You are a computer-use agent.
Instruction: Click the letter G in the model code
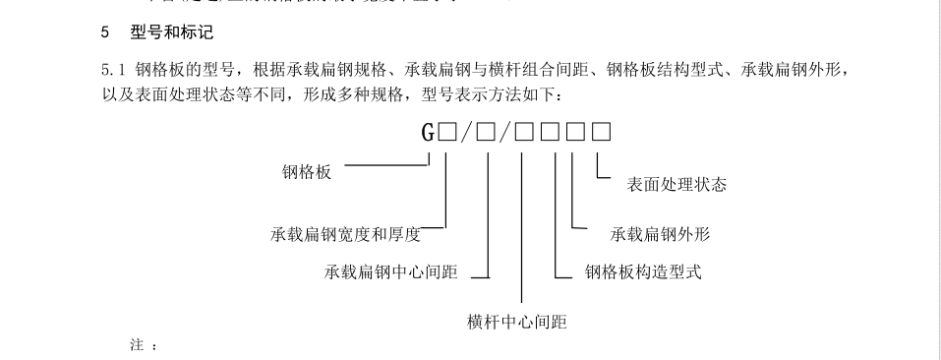pos(429,133)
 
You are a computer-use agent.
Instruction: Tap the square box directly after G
pos(447,133)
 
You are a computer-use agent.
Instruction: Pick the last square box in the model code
pos(602,133)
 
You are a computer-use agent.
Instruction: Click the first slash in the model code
pos(466,133)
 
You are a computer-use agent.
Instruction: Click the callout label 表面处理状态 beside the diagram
pos(676,184)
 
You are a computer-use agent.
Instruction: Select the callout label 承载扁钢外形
pos(660,234)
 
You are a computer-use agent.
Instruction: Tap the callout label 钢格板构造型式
pos(643,271)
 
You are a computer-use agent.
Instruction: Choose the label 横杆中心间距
pos(517,322)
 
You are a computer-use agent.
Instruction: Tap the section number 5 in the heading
pos(105,32)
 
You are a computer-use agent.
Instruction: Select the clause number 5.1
pos(113,71)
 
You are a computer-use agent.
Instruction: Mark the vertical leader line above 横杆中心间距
pos(522,226)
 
